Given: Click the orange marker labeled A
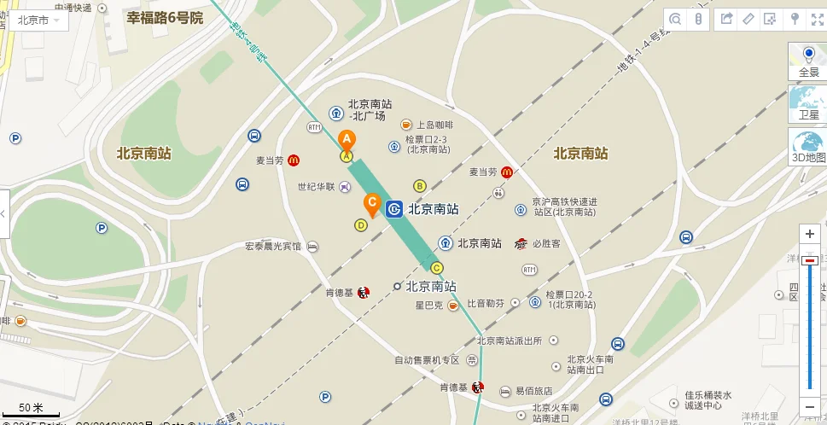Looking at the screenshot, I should point(347,140).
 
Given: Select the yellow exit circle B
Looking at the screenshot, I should point(419,185).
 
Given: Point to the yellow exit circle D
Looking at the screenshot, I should point(361,225).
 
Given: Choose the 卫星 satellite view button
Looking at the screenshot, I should point(808,103).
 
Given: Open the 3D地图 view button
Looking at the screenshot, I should point(808,147).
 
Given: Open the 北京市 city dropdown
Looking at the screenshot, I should point(38,20).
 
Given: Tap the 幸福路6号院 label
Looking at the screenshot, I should point(165,18).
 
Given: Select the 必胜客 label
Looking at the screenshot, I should point(545,243).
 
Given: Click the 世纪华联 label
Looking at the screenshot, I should point(316,186).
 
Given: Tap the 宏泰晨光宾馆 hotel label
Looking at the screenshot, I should point(273,247).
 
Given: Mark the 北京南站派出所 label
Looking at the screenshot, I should point(510,341).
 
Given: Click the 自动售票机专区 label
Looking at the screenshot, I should point(427,360).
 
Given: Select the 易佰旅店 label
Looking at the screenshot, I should point(535,390).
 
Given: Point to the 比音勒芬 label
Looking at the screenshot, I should point(486,303).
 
